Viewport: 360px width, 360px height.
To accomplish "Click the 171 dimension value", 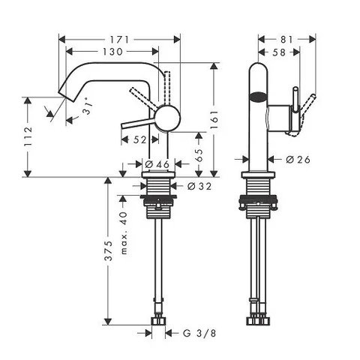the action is pyautogui.click(x=119, y=40).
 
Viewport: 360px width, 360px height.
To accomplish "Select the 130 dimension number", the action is pyautogui.click(x=113, y=52).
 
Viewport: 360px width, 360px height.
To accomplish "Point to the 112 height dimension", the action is pyautogui.click(x=28, y=136).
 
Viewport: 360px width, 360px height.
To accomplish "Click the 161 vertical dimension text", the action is pyautogui.click(x=214, y=119).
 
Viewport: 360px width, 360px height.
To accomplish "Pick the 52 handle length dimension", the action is pyautogui.click(x=139, y=139).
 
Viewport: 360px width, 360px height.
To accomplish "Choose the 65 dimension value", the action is pyautogui.click(x=199, y=155).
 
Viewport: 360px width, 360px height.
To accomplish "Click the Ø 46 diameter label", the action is pyautogui.click(x=157, y=164).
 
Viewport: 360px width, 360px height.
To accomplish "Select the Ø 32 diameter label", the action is pyautogui.click(x=199, y=186).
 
